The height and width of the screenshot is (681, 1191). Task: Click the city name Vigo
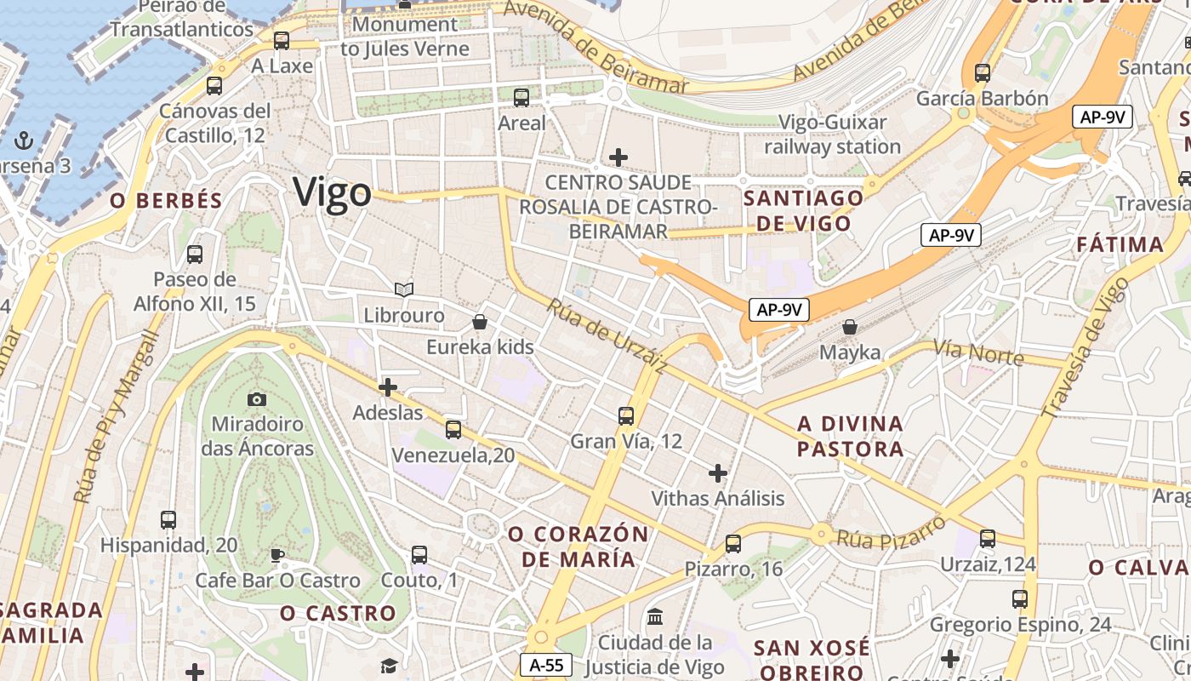pos(333,193)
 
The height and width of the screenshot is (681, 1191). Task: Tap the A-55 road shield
pos(545,665)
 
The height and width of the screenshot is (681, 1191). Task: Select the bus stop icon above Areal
pos(521,98)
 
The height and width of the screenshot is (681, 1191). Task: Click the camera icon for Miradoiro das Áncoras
pos(256,398)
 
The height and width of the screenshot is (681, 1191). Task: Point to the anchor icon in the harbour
pos(24,140)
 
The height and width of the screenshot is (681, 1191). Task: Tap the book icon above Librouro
pos(404,290)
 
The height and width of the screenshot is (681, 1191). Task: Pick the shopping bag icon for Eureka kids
pos(480,322)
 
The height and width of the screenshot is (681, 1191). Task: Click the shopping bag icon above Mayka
pos(849,326)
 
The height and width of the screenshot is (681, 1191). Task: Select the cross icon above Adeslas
pos(388,387)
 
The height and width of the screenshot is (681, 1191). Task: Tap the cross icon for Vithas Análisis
pos(718,472)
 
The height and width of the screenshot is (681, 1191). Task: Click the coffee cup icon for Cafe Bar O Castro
pos(277,556)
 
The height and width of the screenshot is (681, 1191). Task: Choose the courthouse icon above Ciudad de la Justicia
pos(655,616)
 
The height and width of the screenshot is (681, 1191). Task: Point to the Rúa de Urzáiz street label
pos(607,335)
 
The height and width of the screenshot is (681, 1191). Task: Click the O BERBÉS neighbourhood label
pos(167,201)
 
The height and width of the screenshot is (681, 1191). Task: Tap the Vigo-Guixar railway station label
pos(832,134)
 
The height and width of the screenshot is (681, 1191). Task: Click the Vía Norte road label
pos(978,351)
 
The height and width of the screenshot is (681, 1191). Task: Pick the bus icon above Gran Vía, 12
pos(626,415)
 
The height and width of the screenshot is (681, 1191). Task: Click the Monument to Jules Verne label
pos(405,37)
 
